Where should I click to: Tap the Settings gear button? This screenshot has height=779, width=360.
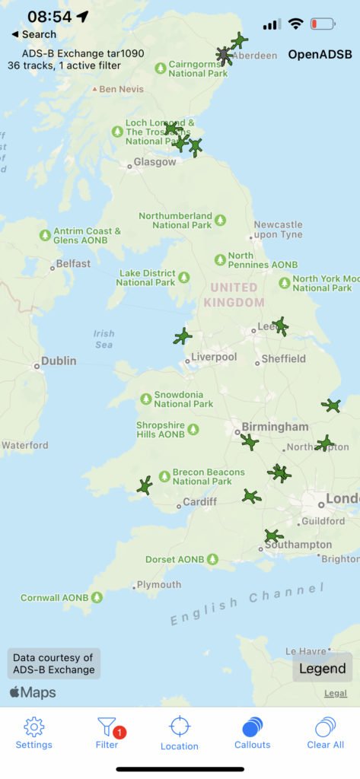click(34, 733)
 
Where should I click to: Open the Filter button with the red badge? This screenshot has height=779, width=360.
click(107, 733)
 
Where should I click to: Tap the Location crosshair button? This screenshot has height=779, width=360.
click(180, 733)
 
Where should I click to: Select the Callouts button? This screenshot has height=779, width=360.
click(252, 733)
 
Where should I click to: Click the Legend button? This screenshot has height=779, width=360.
click(322, 669)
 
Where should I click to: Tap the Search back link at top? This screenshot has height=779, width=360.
click(34, 34)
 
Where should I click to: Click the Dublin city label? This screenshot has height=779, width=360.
click(58, 361)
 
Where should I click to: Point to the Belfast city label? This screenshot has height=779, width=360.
click(72, 264)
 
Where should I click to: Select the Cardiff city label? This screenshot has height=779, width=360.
click(199, 502)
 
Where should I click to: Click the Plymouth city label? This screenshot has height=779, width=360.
click(159, 584)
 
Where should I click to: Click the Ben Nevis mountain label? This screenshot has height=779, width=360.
click(120, 89)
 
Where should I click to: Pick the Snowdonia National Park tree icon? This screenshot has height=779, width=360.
click(146, 399)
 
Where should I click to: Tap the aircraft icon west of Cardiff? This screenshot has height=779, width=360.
click(144, 485)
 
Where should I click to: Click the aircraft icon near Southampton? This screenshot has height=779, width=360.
click(273, 536)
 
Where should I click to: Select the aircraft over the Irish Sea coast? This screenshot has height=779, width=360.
click(183, 336)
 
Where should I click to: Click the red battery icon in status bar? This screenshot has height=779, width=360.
click(323, 24)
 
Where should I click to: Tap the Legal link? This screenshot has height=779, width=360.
click(336, 693)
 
